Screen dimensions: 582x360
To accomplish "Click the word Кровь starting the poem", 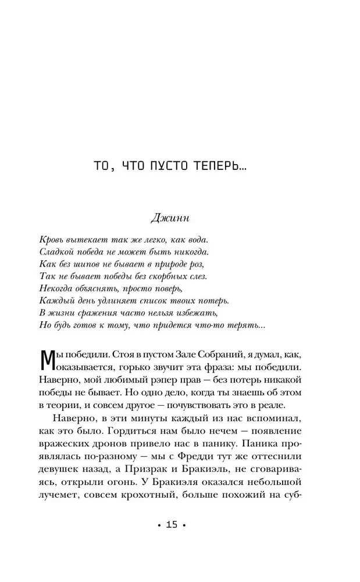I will pyautogui.click(x=53, y=239).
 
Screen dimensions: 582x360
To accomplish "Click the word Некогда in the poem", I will pyautogui.click(x=59, y=289).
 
